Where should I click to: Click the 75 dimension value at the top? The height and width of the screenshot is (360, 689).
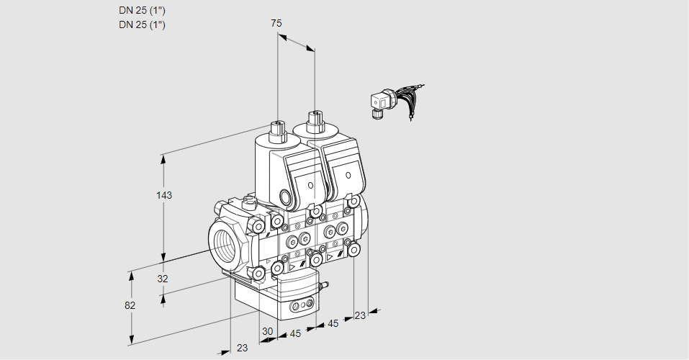tap(276, 23)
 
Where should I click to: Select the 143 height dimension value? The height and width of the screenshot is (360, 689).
tap(165, 195)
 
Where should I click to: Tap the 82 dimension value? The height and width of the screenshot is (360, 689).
tap(130, 305)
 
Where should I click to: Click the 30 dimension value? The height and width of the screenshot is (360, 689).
tap(268, 331)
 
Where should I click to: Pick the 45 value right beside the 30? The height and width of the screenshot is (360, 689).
tap(295, 333)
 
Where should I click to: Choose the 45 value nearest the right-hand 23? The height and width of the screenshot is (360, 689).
tap(333, 324)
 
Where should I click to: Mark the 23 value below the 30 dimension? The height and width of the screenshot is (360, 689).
tap(242, 348)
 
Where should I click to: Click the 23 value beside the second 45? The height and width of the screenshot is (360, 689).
tap(360, 315)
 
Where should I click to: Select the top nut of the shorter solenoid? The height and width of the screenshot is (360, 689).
tap(277, 132)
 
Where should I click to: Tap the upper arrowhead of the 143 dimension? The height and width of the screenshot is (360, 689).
tap(165, 158)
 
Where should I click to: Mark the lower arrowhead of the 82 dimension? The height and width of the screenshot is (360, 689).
tap(132, 339)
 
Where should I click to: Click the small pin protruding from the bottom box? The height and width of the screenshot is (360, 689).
tap(323, 287)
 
